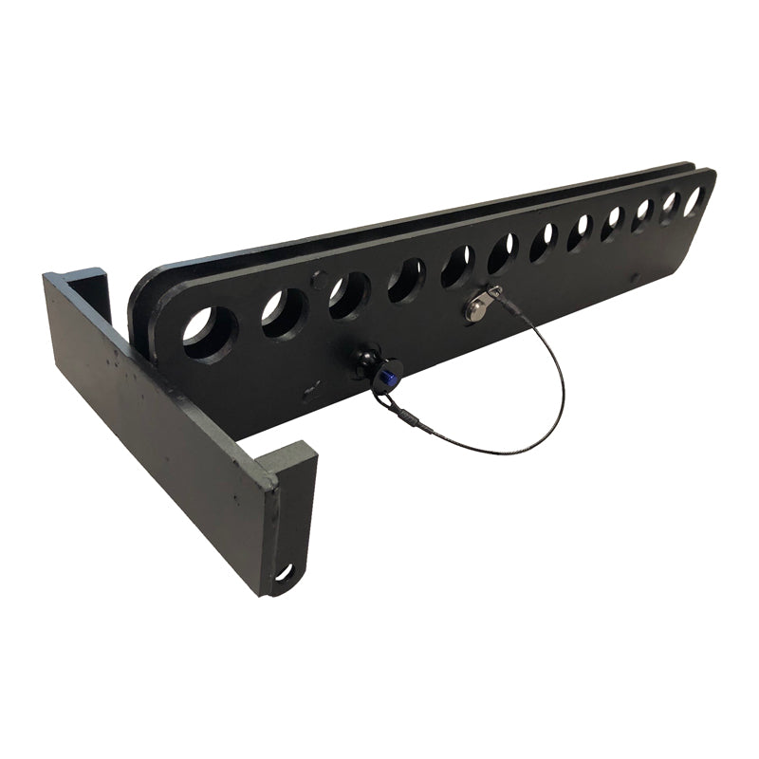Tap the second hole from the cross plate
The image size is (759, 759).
pos(284,314)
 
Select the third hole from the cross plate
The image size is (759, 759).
pos(349,295)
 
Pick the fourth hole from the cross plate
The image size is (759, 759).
pos(406,280)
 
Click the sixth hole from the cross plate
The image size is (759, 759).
pos(503,253)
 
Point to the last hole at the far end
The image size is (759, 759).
pos(694,200)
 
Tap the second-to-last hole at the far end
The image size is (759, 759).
pos(670,207)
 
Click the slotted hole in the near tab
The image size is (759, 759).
pos(284,572)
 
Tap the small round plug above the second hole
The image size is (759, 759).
pos(319,279)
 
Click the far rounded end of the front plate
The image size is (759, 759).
pos(707,204)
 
